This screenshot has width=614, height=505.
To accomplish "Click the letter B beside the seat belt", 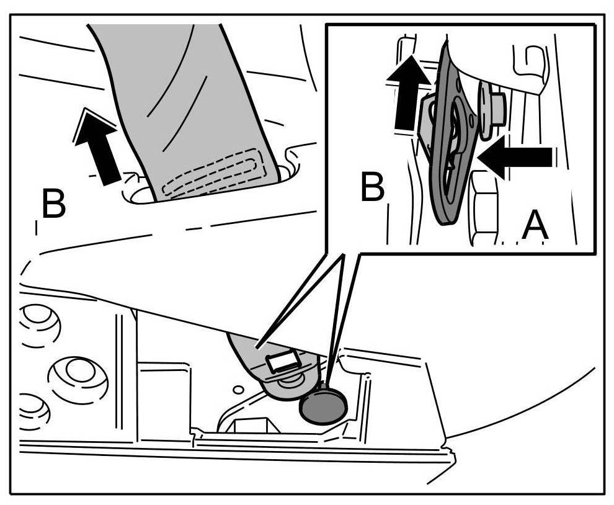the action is pos(53,204).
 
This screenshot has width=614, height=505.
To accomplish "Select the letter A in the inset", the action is pos(535,226).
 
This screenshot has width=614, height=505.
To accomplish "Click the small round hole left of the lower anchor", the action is pos(236,390).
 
